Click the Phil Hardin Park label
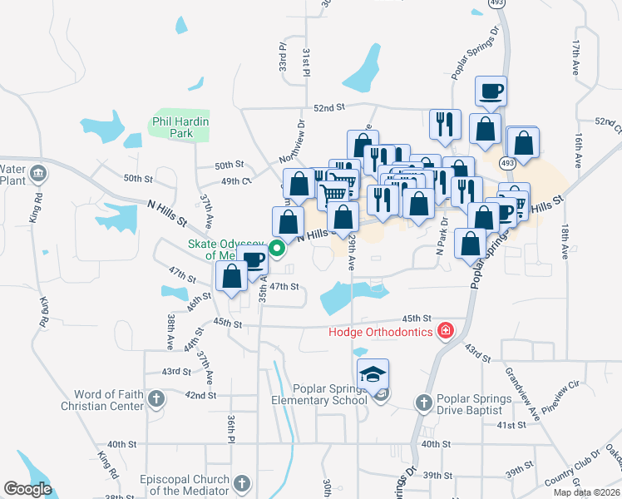coord(180,127)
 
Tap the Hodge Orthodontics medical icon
coord(446,332)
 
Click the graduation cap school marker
coord(373,373)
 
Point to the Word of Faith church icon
coord(155,400)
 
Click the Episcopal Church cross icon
coord(241,483)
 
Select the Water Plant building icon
coord(37,174)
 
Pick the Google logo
coord(27,489)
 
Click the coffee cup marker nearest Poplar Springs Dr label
coord(491,90)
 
